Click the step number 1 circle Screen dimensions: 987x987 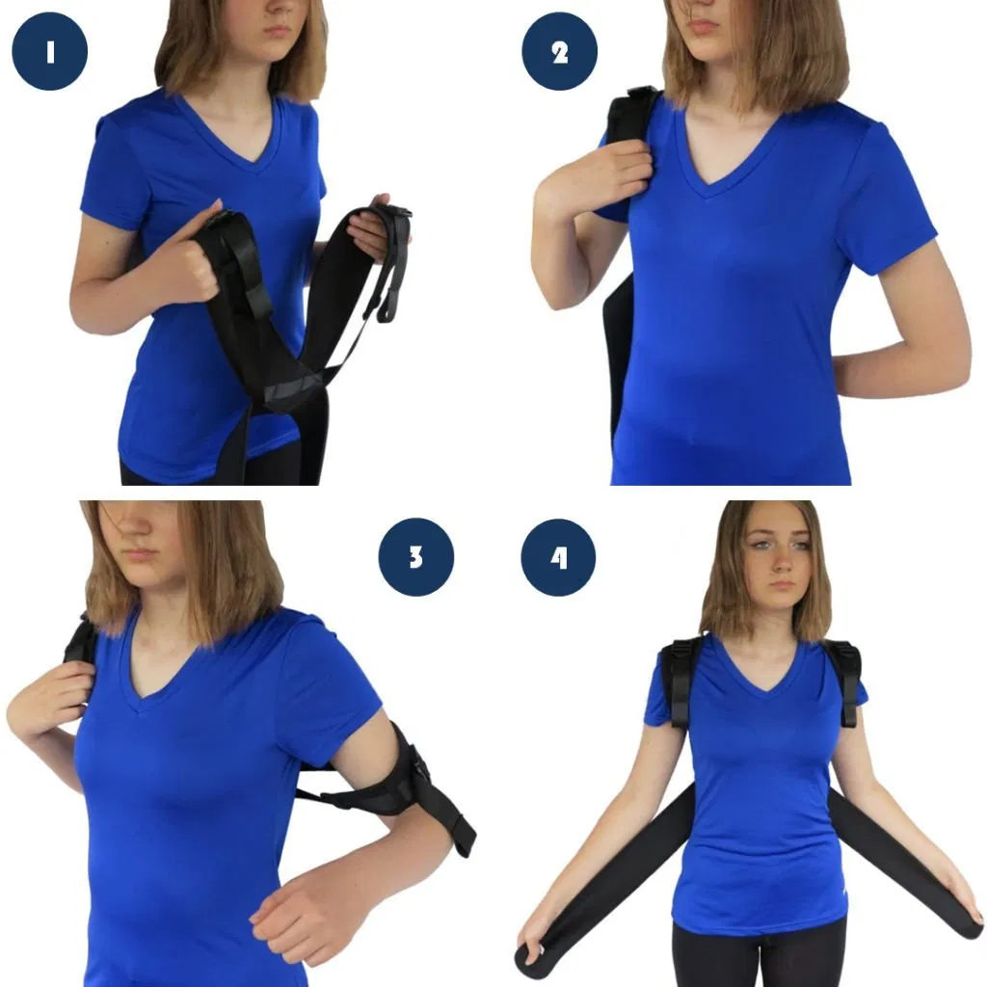(50, 51)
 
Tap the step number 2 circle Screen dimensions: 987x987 (559, 51)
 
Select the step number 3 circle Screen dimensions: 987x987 (415, 557)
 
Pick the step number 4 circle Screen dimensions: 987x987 (559, 557)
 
